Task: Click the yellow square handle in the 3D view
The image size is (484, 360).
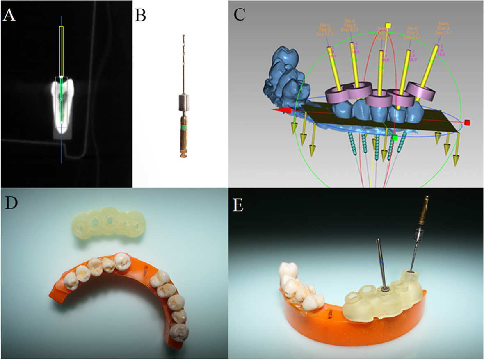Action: [388, 25]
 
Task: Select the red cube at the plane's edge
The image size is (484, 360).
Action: [467, 123]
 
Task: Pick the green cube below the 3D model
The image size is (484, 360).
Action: [394, 138]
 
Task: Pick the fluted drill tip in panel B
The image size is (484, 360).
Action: [183, 49]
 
